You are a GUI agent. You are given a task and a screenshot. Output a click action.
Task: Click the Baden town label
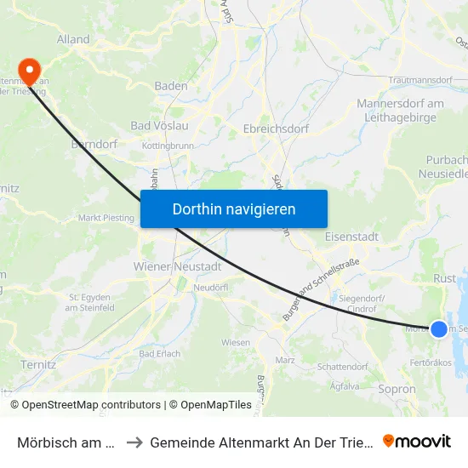[171, 86]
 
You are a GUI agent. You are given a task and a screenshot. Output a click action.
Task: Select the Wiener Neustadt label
[178, 266]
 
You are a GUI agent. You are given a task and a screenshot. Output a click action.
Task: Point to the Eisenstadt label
[351, 237]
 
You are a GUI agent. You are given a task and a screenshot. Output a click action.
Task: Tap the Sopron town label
[397, 389]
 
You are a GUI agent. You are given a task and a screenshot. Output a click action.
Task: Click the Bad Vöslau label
[159, 126]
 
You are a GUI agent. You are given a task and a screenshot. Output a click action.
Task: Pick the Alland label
[73, 39]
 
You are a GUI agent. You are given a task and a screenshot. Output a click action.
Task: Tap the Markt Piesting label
[106, 218]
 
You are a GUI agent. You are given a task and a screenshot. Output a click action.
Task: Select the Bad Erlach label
[160, 353]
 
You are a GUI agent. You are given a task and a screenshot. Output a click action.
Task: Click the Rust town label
[445, 278]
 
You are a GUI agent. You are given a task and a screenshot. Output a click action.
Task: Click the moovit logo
[416, 441]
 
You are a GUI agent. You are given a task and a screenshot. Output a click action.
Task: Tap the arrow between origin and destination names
[134, 442]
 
